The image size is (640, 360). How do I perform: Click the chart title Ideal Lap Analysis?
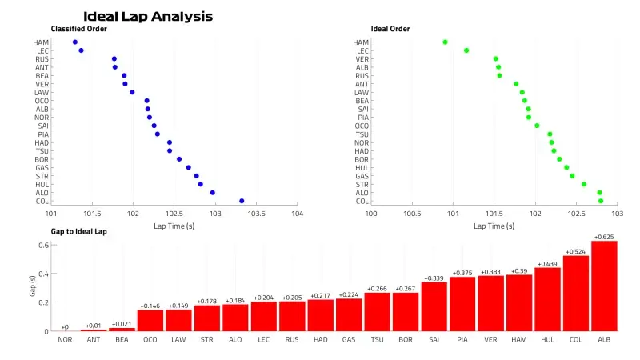pyautogui.click(x=148, y=16)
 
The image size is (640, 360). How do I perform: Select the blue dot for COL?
pyautogui.click(x=242, y=201)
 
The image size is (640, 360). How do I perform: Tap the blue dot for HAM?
pyautogui.click(x=74, y=42)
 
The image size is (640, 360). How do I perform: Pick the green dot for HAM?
pyautogui.click(x=445, y=42)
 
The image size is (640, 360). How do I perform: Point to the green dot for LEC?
pyautogui.click(x=466, y=50)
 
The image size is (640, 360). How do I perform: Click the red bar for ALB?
pyautogui.click(x=604, y=286)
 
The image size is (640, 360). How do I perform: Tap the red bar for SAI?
pyautogui.click(x=434, y=306)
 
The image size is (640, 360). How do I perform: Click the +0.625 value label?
pyautogui.click(x=604, y=237)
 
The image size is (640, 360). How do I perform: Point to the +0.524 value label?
pyautogui.click(x=576, y=251)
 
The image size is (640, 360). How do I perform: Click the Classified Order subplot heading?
pyautogui.click(x=78, y=30)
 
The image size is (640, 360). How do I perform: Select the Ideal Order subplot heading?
pyautogui.click(x=393, y=30)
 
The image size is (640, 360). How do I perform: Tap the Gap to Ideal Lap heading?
pyautogui.click(x=78, y=231)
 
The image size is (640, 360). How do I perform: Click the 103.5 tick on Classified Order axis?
pyautogui.click(x=256, y=214)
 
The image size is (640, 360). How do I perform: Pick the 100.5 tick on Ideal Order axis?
pyautogui.click(x=412, y=214)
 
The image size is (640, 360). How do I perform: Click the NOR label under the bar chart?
pyautogui.click(x=65, y=339)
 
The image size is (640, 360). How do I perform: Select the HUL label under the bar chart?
pyautogui.click(x=547, y=339)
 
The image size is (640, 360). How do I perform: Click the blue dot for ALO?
pyautogui.click(x=212, y=193)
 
